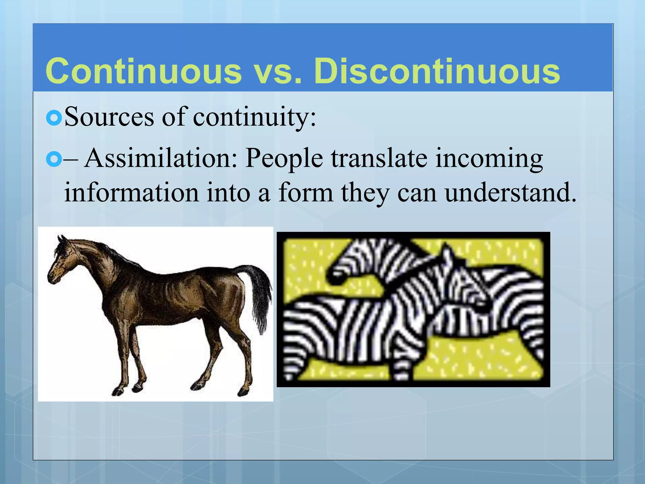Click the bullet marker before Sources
tap(54, 118)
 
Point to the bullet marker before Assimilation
tap(54, 159)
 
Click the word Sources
tap(109, 117)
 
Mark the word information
tap(131, 193)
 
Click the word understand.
tap(510, 193)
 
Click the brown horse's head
tap(60, 262)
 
